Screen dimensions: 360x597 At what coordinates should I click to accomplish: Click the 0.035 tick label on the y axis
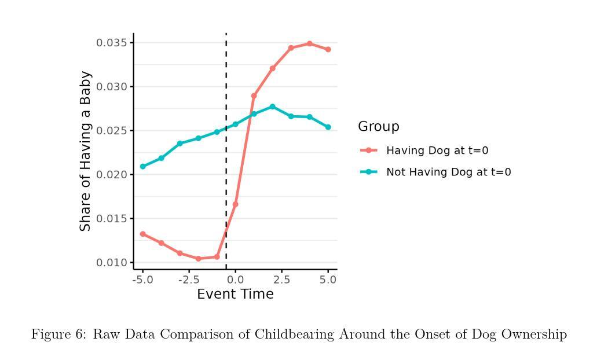click(112, 43)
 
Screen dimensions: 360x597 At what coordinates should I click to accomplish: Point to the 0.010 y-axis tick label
click(112, 263)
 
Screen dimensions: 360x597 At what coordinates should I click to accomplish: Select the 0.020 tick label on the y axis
click(112, 175)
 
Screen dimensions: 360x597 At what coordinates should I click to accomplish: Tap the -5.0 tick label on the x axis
click(142, 280)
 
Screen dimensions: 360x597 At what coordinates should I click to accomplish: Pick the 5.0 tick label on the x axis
click(328, 280)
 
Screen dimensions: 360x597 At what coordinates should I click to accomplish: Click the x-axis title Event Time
click(235, 295)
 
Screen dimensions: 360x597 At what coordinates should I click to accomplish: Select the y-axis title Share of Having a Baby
click(86, 151)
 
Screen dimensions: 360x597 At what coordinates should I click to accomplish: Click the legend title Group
click(379, 127)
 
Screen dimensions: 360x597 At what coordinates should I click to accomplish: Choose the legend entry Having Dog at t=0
click(437, 150)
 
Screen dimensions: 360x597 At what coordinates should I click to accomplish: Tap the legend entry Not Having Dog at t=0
click(448, 172)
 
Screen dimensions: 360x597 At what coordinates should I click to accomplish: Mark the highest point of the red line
click(309, 43)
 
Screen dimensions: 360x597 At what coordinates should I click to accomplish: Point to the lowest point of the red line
click(198, 259)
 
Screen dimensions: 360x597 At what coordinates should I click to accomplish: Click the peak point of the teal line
click(272, 106)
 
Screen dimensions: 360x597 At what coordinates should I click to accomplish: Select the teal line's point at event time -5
click(142, 167)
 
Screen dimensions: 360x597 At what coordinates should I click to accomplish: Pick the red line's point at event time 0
click(235, 204)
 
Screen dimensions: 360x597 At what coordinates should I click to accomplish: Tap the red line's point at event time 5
click(328, 50)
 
